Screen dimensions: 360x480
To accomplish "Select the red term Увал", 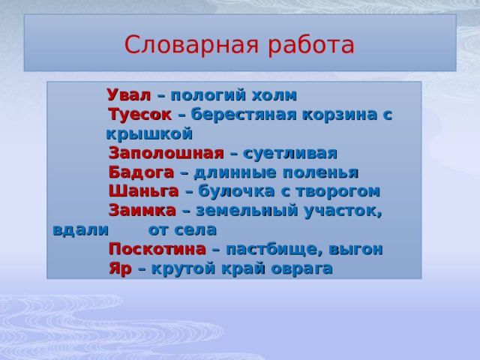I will coord(130,95).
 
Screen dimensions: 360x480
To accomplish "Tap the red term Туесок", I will coord(139,115).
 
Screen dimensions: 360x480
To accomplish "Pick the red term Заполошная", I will coord(166,153).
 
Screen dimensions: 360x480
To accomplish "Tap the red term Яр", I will coord(120,268).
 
